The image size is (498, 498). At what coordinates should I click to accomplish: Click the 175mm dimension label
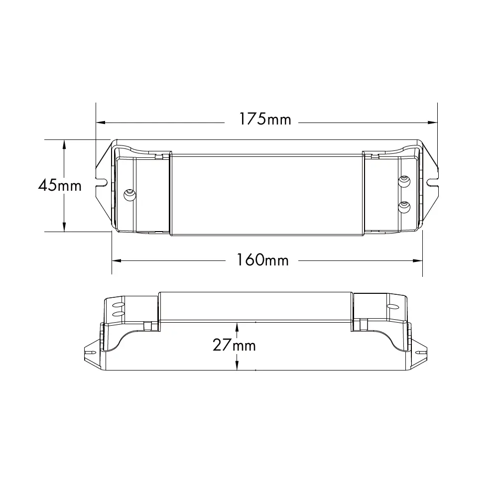pos(265,119)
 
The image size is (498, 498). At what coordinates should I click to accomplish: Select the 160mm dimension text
pos(262,260)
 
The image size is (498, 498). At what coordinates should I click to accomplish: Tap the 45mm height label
pos(60,185)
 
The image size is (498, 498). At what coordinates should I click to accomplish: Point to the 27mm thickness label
pos(234,345)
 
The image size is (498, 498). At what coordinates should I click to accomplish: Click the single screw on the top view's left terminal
pos(129,194)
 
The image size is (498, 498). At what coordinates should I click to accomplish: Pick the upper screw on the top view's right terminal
pos(404,181)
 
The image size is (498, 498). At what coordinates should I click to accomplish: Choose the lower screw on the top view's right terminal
pos(404,207)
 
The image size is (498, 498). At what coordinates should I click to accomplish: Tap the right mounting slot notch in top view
pos(433,182)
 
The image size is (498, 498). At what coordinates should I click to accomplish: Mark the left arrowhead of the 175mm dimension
pos(101,123)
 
